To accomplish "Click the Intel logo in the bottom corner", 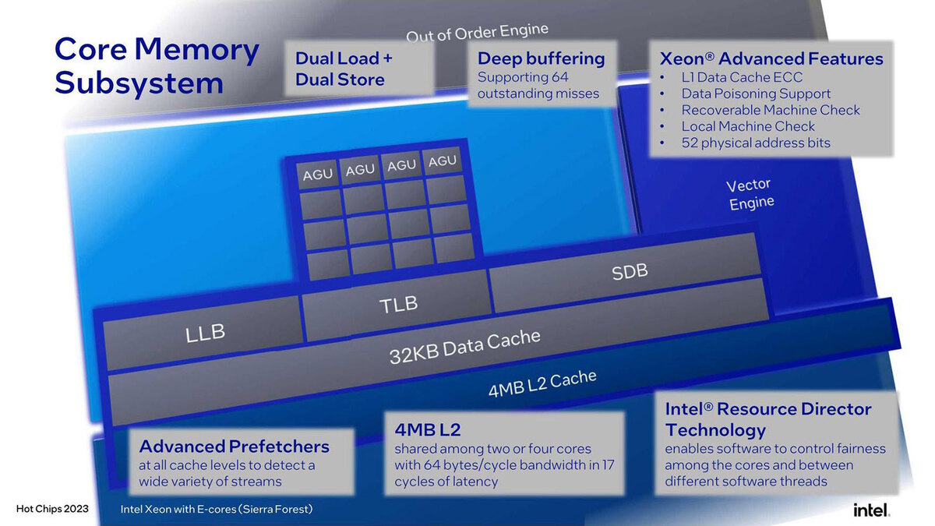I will (871, 510).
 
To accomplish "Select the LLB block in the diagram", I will (205, 333).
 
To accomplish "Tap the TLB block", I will (398, 305).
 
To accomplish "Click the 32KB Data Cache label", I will (464, 347).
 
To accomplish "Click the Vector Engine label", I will (750, 194).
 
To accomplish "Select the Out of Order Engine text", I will (477, 32).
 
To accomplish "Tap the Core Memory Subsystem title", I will (156, 65).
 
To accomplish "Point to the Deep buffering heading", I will (541, 58).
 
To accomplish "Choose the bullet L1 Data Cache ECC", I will (742, 77).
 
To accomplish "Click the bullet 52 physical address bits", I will (756, 143).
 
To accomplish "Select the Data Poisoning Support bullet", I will (756, 94).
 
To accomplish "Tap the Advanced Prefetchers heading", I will (234, 447).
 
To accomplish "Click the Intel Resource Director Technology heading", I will (767, 419).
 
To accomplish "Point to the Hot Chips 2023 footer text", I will (52, 510).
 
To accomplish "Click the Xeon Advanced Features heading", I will (771, 58).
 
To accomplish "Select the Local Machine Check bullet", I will (748, 126).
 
